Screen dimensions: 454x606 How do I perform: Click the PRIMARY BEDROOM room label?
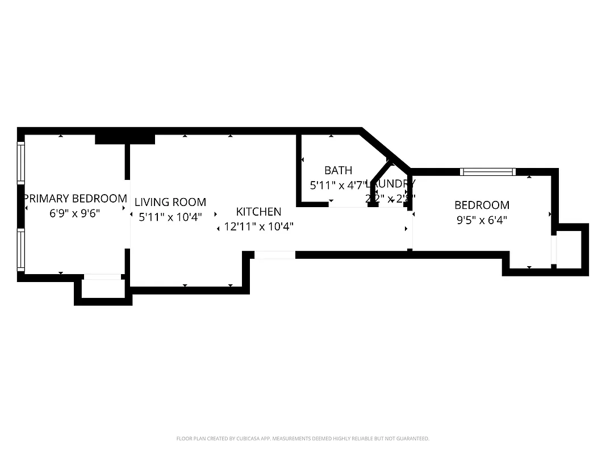75,199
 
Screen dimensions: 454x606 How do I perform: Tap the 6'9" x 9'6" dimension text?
75,215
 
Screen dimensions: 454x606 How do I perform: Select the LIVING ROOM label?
170,202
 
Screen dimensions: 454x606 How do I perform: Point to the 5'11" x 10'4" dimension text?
170,217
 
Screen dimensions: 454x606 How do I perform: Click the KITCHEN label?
258,212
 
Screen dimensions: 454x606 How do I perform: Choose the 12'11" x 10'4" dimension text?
258,226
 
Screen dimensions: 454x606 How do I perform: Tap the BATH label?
338,170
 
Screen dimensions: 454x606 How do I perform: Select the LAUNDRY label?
392,184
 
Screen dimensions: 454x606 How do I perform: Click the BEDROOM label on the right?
482,205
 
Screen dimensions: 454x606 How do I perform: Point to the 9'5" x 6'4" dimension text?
482,220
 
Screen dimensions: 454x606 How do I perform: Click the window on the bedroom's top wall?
487,171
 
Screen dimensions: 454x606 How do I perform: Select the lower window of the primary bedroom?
21,249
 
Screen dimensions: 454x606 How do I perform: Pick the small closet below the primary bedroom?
103,289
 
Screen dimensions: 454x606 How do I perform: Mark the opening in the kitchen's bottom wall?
274,255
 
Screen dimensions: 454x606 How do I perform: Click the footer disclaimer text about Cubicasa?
303,439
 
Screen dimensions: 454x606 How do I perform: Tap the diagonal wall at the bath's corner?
385,149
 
